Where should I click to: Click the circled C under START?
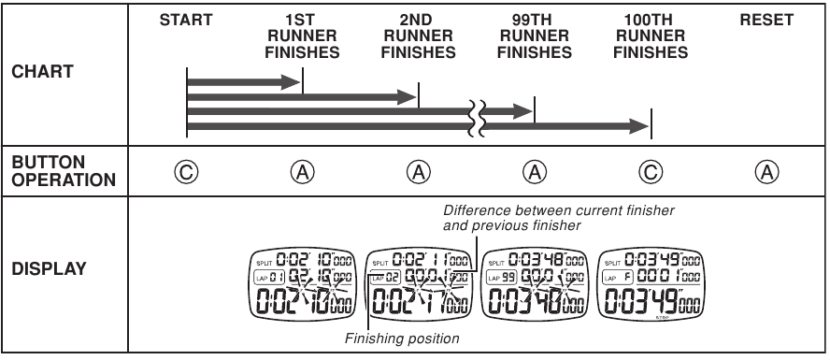[187, 172]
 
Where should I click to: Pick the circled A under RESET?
[766, 172]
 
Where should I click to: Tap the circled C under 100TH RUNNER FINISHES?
[651, 172]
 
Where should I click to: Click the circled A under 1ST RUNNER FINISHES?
[303, 172]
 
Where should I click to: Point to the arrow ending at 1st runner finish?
[243, 82]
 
